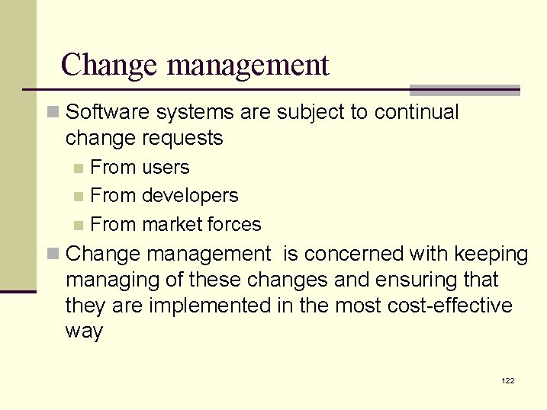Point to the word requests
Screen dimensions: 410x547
(187, 139)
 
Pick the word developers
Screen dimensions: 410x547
(190, 197)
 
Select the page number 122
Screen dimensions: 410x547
(508, 380)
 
